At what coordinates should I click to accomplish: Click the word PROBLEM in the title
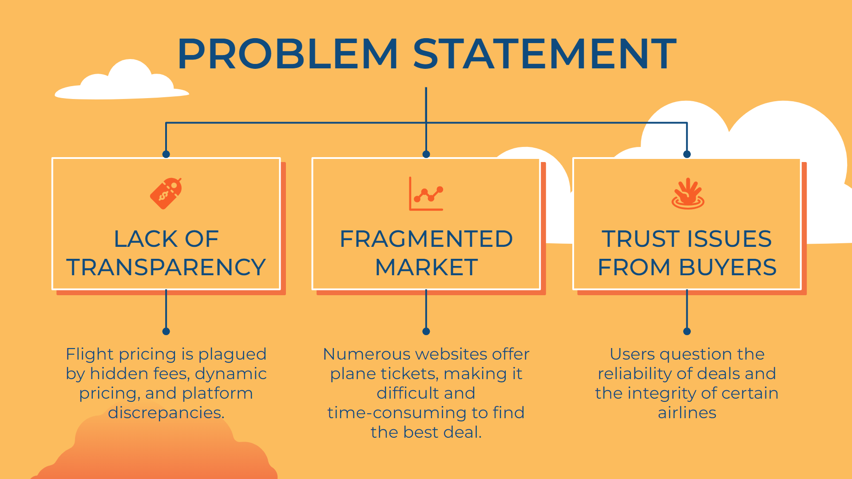point(288,54)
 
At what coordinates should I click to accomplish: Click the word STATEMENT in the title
point(545,54)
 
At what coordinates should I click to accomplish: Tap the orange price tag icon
point(166,193)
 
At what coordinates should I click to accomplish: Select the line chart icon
point(426,194)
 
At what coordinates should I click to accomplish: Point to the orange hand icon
point(687,194)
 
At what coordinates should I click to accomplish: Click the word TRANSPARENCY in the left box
point(166,267)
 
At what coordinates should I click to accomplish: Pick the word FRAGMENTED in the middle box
point(426,239)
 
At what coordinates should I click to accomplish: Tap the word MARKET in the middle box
point(426,267)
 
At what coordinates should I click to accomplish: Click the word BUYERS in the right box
point(728,267)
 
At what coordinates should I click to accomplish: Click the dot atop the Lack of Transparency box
point(166,154)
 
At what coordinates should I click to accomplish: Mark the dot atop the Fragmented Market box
point(426,154)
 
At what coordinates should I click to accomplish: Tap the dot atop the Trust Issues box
point(687,154)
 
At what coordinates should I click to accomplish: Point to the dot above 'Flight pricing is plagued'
point(166,331)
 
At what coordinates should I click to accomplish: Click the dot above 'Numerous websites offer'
point(426,331)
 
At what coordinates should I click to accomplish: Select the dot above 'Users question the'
point(687,331)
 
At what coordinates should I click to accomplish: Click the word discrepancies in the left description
point(166,413)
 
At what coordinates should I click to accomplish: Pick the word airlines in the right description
point(687,413)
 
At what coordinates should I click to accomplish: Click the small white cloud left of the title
point(122,82)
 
